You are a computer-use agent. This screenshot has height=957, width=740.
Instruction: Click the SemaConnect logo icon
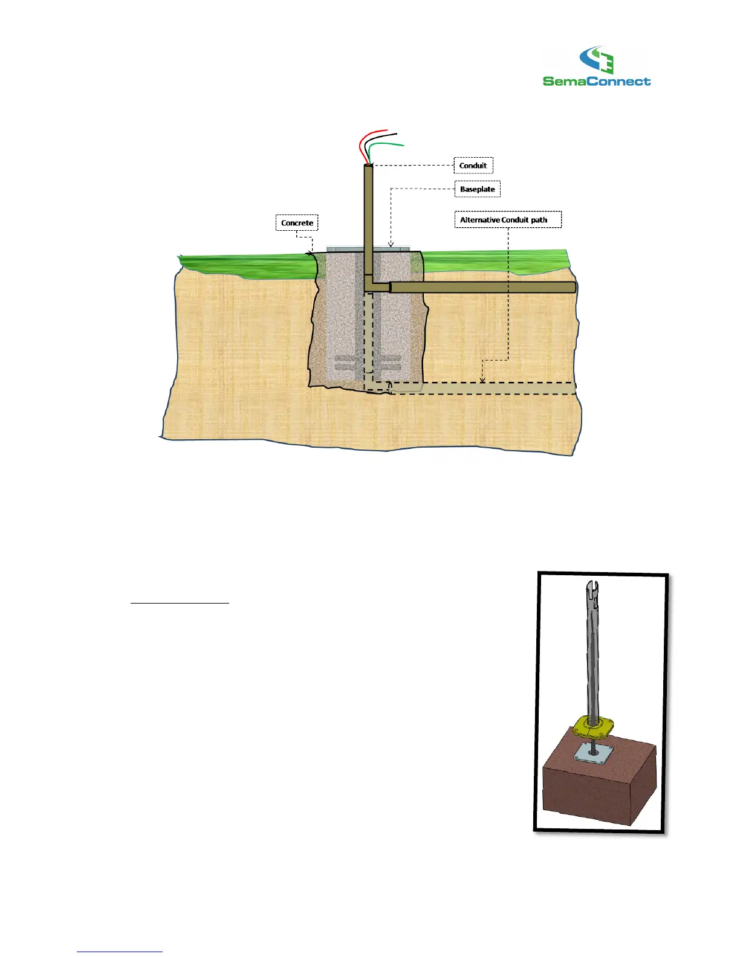click(597, 60)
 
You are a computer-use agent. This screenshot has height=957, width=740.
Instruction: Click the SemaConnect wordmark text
click(597, 81)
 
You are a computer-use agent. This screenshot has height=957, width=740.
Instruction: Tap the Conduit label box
click(473, 166)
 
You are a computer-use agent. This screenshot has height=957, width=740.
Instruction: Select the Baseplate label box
click(477, 189)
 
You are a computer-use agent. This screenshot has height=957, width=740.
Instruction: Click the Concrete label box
click(297, 223)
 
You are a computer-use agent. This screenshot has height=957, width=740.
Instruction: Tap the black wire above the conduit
click(381, 137)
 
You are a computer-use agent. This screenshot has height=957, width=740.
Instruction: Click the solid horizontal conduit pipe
click(484, 287)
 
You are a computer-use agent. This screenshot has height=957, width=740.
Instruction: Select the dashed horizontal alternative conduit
click(484, 388)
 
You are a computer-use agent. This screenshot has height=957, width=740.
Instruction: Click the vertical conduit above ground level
click(368, 205)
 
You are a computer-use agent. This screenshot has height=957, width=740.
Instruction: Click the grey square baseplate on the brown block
click(593, 752)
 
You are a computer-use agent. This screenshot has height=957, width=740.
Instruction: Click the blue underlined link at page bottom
click(120, 952)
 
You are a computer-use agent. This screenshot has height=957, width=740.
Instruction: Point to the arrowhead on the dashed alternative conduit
click(482, 379)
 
